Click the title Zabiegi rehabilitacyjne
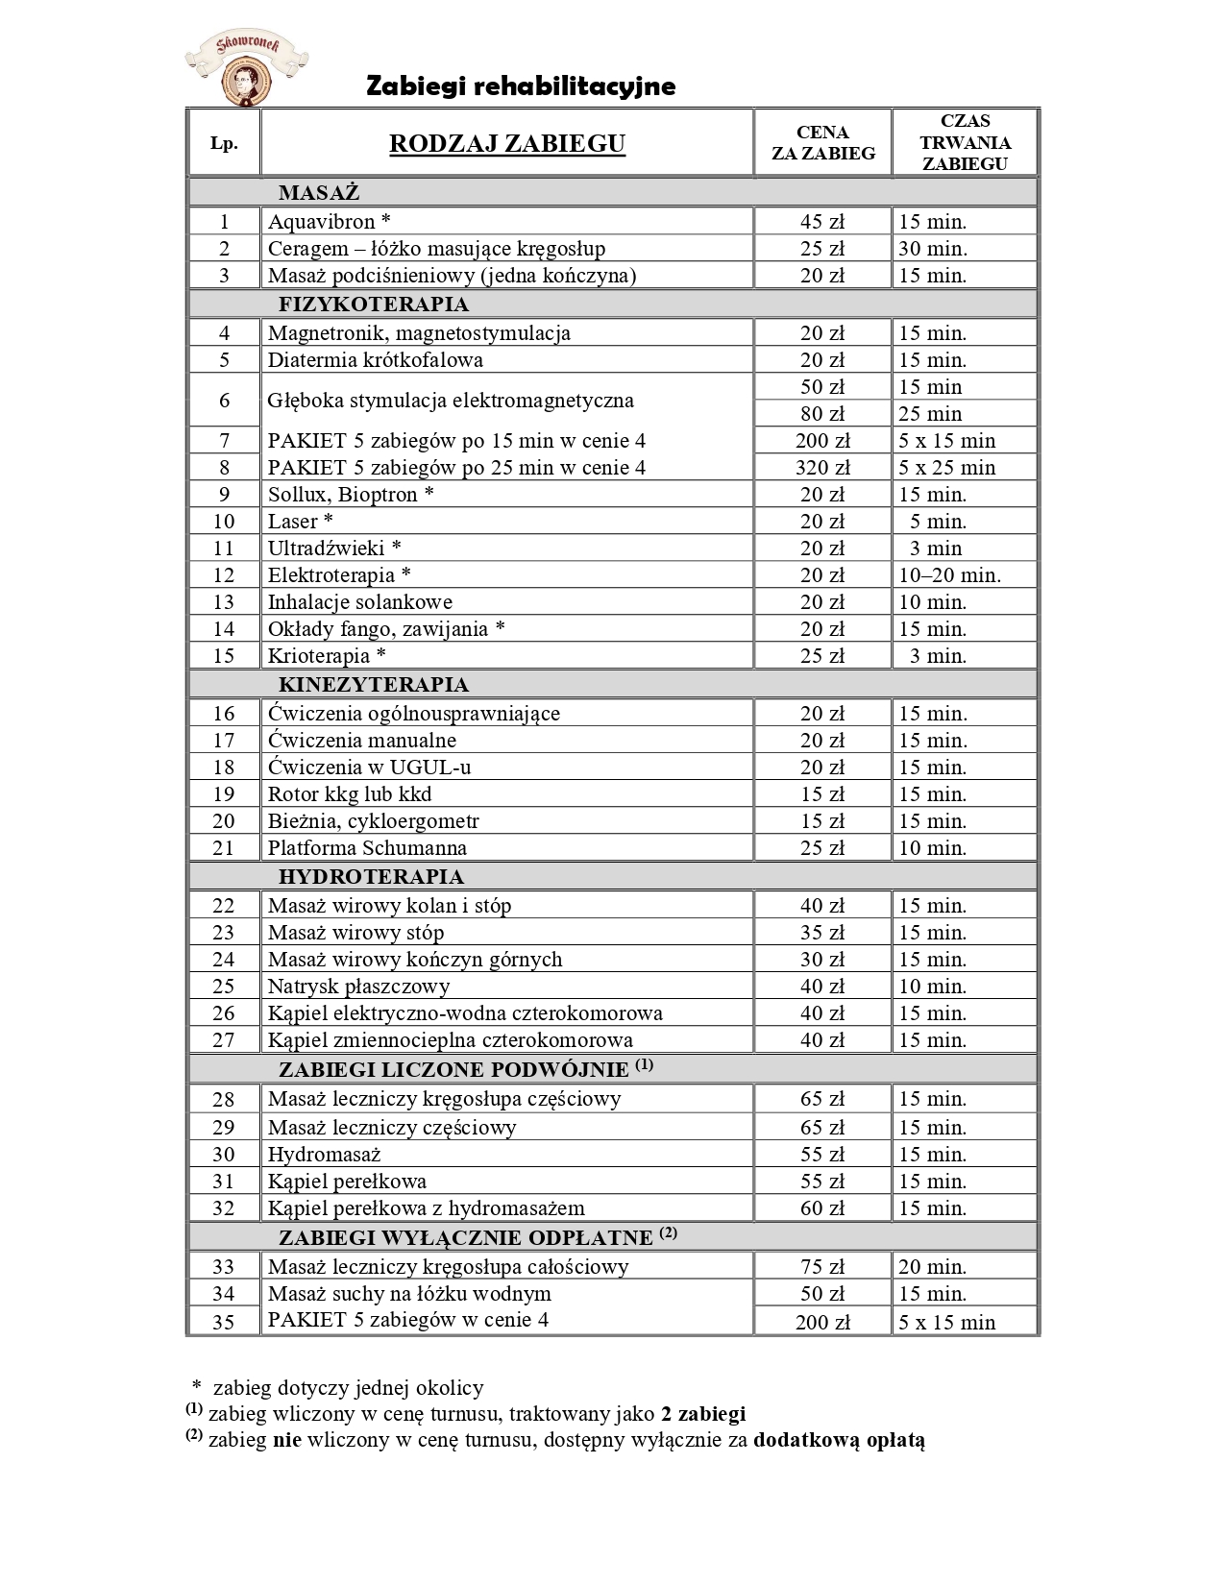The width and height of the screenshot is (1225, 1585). click(521, 86)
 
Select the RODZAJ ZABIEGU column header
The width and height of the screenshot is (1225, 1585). click(506, 144)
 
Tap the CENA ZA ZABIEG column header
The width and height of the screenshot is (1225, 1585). click(822, 142)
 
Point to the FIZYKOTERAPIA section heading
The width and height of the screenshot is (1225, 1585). click(374, 305)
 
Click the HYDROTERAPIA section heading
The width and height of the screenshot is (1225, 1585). click(371, 876)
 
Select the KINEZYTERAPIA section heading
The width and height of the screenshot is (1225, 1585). click(374, 685)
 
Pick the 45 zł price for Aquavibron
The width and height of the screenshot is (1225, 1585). click(822, 222)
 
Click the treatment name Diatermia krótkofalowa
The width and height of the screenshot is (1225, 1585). click(375, 360)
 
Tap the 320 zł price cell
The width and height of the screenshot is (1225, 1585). click(822, 468)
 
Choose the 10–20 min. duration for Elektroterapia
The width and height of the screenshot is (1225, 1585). click(949, 575)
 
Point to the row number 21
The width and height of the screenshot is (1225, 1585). click(224, 848)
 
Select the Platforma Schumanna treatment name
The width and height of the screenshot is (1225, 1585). click(367, 848)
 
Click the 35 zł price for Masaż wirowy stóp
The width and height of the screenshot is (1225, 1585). click(822, 933)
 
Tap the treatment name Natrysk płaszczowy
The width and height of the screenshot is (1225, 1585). click(358, 987)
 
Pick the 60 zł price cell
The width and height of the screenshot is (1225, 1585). click(822, 1208)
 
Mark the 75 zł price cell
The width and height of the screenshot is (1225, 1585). click(822, 1267)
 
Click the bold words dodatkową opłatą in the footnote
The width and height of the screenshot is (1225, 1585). click(839, 1440)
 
